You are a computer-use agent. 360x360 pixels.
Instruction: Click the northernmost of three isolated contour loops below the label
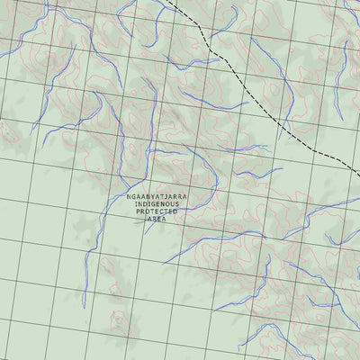(x=105, y=264)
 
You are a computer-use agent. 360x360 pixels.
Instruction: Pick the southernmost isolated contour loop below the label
(x=117, y=319)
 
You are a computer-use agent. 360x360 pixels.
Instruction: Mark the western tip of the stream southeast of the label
(x=165, y=263)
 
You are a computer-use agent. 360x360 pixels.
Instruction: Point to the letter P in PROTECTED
(x=139, y=211)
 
